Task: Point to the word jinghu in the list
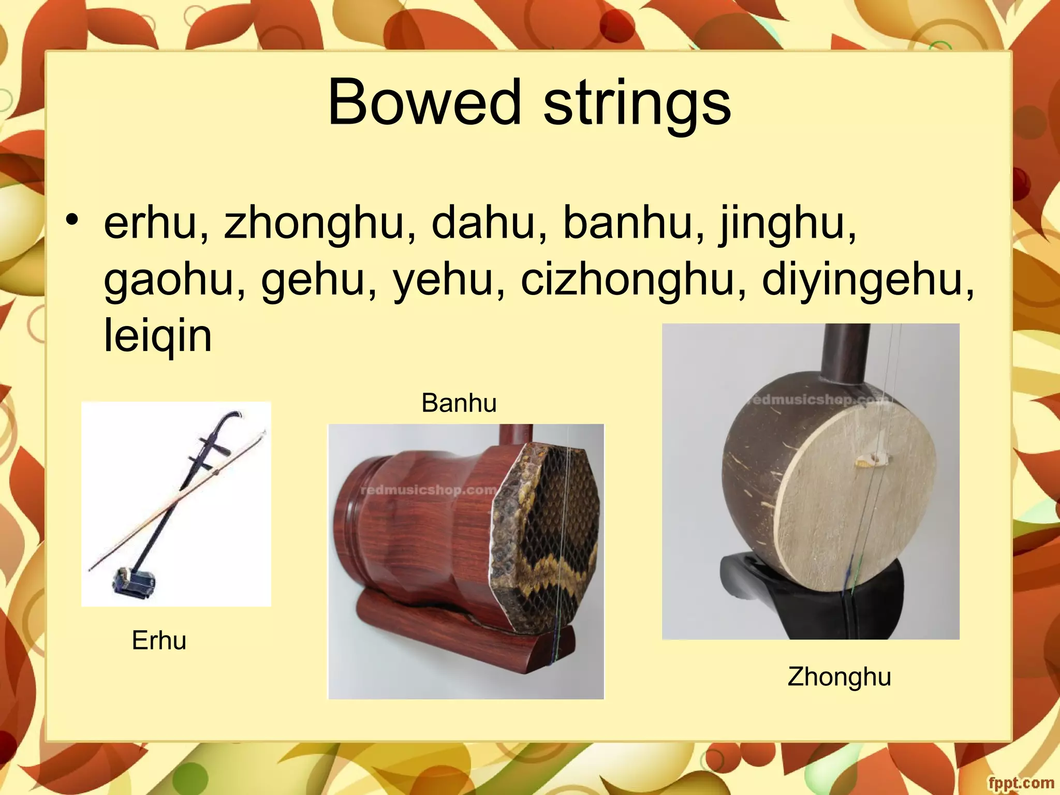pyautogui.click(x=787, y=224)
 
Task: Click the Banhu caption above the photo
pyautogui.click(x=459, y=403)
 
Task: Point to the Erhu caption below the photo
pyautogui.click(x=159, y=641)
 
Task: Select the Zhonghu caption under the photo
pyautogui.click(x=839, y=676)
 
